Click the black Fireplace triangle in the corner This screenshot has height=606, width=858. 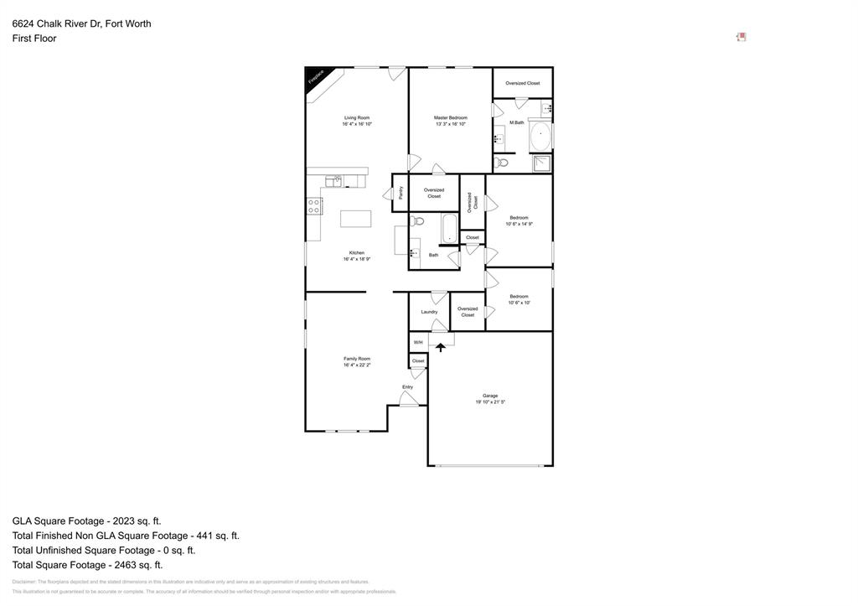point(313,76)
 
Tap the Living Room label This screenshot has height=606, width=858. point(357,117)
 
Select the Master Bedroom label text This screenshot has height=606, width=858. point(450,117)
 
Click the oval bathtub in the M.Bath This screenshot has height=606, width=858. point(540,134)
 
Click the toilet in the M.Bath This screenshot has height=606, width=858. point(501,162)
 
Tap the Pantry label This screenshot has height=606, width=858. point(401,192)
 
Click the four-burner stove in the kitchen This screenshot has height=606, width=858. point(313,205)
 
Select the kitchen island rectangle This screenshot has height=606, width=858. point(356,219)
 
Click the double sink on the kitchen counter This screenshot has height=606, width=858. point(333,179)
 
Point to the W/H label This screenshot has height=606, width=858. point(418,343)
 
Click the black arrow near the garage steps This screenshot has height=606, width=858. point(441,347)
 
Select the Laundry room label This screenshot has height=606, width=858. point(429,312)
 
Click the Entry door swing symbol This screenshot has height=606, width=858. point(408,399)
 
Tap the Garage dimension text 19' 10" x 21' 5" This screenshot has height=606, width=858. point(490,402)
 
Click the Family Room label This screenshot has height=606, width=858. point(357,359)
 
